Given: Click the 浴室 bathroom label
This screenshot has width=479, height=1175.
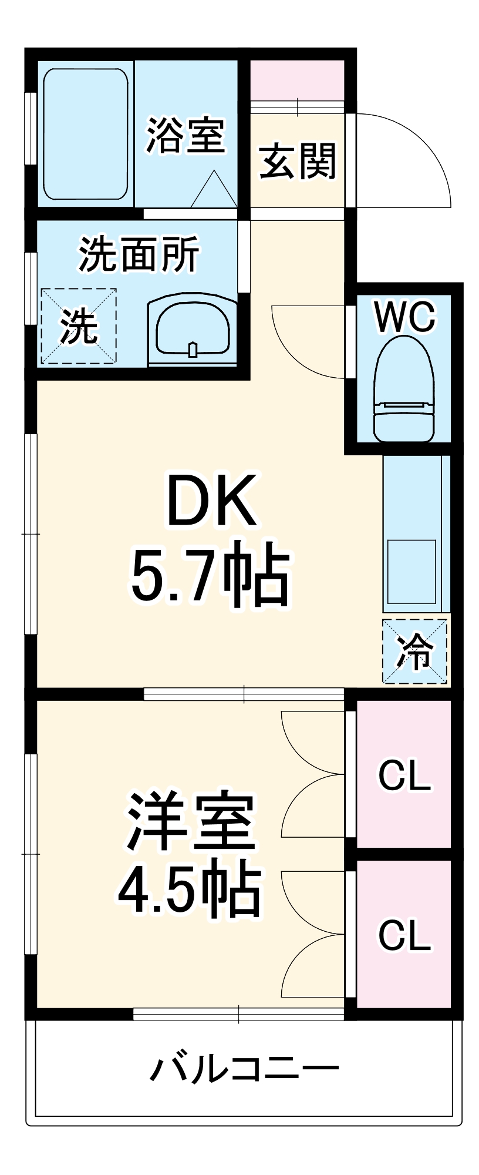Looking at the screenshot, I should click(185, 136).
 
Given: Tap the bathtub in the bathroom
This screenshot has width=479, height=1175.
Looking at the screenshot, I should click(86, 134).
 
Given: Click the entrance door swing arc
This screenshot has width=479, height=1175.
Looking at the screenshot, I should click(411, 153).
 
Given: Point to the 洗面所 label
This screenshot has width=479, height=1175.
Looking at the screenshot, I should click(139, 254).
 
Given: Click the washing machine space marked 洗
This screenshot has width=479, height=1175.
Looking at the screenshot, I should click(78, 326).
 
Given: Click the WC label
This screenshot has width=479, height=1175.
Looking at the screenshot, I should click(405, 317).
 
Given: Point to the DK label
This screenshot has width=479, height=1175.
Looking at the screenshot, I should click(211, 501).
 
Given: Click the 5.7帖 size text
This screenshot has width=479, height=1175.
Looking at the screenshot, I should click(210, 575).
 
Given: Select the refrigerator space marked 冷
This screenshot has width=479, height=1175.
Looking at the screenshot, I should click(415, 651).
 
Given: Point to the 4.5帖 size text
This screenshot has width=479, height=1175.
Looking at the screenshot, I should click(189, 891).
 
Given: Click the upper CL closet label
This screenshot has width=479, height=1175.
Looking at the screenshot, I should click(404, 775).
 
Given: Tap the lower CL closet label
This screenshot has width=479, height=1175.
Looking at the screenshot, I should click(404, 935).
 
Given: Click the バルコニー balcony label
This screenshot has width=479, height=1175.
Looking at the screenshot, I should click(244, 1067).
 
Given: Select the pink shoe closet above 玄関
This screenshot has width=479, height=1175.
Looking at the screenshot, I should click(298, 80).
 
